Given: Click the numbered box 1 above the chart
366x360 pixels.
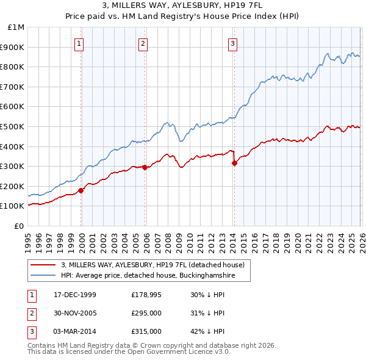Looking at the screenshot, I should [x=79, y=43].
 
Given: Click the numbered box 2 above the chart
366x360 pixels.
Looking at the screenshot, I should [x=143, y=43].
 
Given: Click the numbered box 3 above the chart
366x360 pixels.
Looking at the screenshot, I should [x=233, y=43].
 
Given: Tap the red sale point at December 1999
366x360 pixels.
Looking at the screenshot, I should [x=81, y=190].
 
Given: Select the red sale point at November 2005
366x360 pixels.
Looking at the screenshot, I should [x=145, y=167].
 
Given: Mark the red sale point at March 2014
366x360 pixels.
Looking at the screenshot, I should [x=234, y=163].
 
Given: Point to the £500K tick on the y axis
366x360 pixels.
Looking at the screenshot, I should [x=14, y=126].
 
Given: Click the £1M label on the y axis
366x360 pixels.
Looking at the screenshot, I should [x=16, y=27].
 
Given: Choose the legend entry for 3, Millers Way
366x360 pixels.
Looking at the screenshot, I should [x=152, y=265].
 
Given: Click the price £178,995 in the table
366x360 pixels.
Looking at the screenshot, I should [x=146, y=294].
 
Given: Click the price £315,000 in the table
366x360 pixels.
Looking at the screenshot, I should [x=146, y=331].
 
